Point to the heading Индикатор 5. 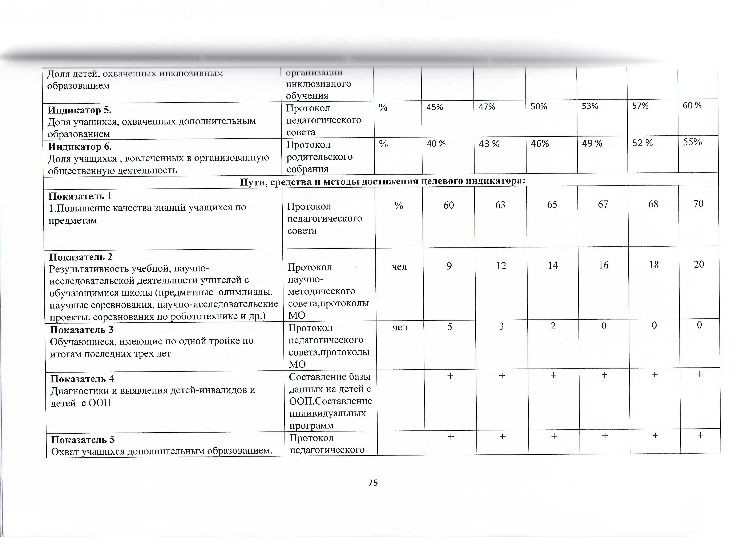(79, 110)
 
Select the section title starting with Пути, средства (383, 181)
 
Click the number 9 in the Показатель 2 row (449, 266)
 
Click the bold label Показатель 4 (82, 379)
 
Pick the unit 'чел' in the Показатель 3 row (400, 327)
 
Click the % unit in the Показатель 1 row (399, 206)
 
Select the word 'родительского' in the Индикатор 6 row (319, 157)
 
